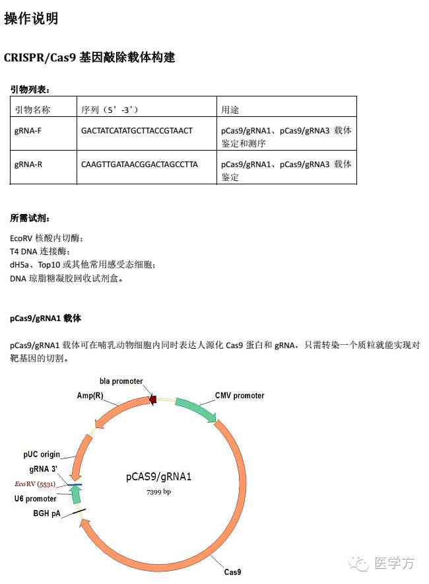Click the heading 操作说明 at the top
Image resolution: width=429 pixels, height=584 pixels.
click(x=31, y=18)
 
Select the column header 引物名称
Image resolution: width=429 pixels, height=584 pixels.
click(x=32, y=109)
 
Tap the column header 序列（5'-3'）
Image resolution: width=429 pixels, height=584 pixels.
click(x=110, y=109)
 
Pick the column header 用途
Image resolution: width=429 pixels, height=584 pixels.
click(x=230, y=109)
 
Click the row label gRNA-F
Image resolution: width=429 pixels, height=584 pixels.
click(x=28, y=131)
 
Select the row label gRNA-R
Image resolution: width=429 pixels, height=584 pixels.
click(x=28, y=164)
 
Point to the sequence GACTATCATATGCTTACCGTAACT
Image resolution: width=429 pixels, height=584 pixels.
click(x=137, y=131)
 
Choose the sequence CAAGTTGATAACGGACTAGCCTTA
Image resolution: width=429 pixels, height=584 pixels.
click(x=139, y=164)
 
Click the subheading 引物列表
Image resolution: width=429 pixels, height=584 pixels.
click(x=30, y=89)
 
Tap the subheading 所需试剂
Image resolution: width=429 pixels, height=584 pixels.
click(x=30, y=218)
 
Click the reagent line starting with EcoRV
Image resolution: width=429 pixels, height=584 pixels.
click(x=47, y=238)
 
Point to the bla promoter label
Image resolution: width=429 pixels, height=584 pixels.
click(x=121, y=381)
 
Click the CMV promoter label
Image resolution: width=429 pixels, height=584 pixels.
click(x=240, y=396)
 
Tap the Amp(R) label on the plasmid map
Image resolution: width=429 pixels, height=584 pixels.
click(x=90, y=395)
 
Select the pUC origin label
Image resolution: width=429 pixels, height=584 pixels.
click(x=42, y=455)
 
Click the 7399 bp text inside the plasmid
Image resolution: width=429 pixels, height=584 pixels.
click(x=158, y=492)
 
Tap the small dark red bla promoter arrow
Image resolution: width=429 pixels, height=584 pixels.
click(x=152, y=399)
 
